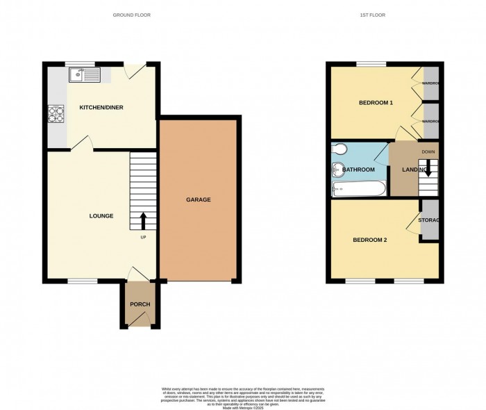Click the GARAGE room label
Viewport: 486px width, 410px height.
[198, 200]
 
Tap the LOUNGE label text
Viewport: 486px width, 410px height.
[101, 216]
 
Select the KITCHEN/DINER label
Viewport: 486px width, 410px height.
[101, 108]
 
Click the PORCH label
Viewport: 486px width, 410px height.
[140, 304]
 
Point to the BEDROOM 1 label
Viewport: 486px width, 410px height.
[376, 103]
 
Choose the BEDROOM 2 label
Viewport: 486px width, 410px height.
[369, 240]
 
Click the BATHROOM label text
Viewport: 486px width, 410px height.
[358, 170]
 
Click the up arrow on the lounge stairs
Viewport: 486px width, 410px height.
[144, 220]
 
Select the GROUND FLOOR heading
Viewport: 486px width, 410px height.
[133, 15]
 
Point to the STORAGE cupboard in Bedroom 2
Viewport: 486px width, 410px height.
[430, 220]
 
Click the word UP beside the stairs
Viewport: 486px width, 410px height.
[144, 238]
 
